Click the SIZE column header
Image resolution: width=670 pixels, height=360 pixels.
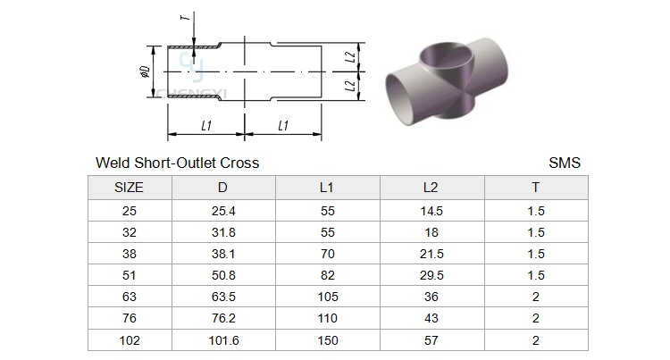[x=129, y=188]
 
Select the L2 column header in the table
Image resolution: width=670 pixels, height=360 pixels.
[x=431, y=188]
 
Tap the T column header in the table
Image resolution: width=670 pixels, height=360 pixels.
[x=535, y=188]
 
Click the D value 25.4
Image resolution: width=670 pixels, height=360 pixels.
[x=223, y=211]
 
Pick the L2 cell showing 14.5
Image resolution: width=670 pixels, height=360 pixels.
[x=431, y=211]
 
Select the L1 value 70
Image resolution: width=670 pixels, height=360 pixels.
[x=328, y=254]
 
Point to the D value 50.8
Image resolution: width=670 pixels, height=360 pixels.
[x=223, y=275]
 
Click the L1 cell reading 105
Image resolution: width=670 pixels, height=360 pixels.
[x=328, y=297]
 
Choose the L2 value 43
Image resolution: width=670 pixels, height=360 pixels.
[x=431, y=318]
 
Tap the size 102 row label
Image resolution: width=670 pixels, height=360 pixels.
[x=129, y=340]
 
